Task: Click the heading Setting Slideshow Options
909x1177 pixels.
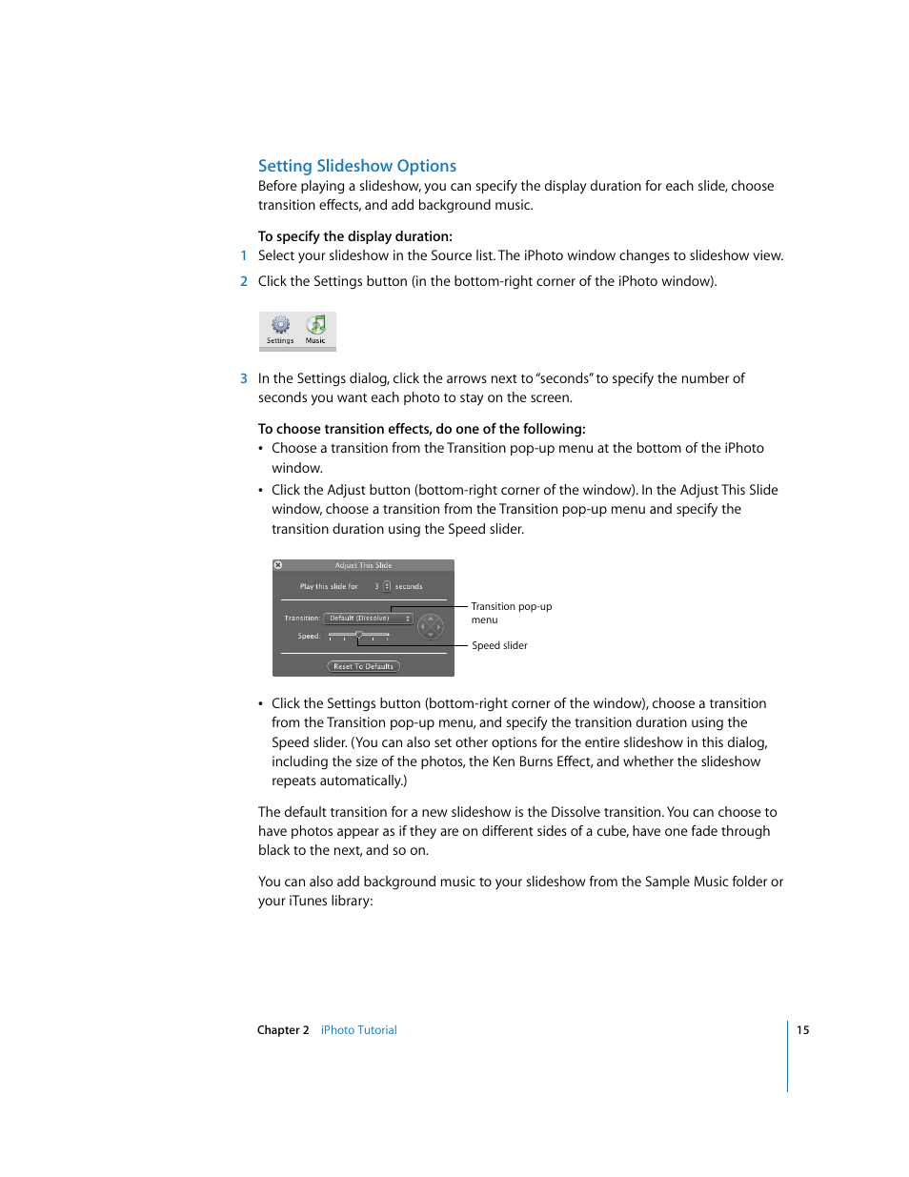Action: tap(356, 166)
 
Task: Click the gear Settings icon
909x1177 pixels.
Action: tap(280, 325)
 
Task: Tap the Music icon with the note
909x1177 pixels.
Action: tap(315, 325)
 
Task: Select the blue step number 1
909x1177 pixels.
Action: tap(244, 255)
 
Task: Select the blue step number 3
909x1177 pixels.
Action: tap(244, 378)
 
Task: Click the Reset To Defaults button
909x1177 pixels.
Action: tap(363, 666)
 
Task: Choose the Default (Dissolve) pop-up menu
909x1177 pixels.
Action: tap(368, 619)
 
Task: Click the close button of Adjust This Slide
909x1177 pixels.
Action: tap(278, 565)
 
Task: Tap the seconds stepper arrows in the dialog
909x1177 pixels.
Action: tap(387, 586)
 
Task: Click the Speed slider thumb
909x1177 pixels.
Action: tap(358, 635)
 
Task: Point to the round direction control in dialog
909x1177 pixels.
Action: tap(431, 625)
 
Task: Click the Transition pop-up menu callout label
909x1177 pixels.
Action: tap(511, 613)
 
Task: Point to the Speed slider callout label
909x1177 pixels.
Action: tap(499, 645)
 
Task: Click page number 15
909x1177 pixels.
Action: tap(803, 1030)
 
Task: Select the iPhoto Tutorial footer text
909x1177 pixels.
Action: tap(358, 1030)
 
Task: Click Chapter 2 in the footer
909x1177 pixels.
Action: tap(283, 1030)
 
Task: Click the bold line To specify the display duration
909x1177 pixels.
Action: tap(354, 236)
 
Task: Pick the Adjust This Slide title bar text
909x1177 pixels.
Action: tap(363, 565)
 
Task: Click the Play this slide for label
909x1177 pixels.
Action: tap(329, 586)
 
